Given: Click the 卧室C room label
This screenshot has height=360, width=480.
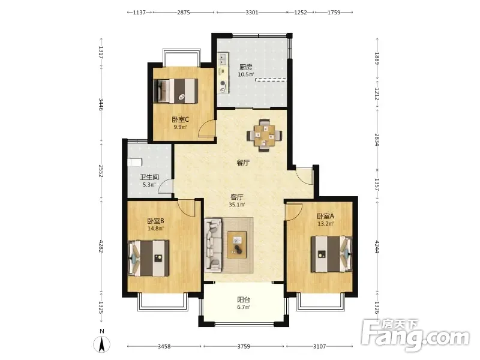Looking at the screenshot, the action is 180,119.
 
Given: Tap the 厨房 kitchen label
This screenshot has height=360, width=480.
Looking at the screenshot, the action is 246,67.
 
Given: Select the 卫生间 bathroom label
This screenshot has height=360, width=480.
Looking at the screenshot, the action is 149,177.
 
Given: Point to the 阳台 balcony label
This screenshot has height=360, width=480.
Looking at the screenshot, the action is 244,299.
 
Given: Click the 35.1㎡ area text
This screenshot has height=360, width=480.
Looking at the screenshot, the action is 237,205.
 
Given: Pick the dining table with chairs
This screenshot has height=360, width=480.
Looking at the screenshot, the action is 265,135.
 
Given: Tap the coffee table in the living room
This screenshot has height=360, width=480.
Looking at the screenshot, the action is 236,245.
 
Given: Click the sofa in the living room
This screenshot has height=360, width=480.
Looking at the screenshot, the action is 213,245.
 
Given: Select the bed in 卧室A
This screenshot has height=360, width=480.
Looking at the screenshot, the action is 332,254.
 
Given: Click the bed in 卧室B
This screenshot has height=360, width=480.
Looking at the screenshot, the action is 148,259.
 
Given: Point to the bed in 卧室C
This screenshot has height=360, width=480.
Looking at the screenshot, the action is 176,91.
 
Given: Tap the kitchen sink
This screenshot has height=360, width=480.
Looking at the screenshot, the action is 223,59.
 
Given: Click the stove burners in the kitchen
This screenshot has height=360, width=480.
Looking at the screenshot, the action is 223,86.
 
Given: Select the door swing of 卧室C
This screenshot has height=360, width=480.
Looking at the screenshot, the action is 206,128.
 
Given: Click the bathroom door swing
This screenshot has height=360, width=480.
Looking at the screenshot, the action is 166,187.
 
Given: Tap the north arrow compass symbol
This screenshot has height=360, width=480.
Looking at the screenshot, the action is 102,344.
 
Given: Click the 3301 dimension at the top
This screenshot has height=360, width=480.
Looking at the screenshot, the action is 252,13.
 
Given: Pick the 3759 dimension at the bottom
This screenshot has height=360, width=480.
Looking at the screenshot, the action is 244,347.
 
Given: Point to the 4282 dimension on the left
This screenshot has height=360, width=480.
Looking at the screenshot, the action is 101,247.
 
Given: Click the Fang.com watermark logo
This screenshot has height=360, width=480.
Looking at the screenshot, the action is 415,335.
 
